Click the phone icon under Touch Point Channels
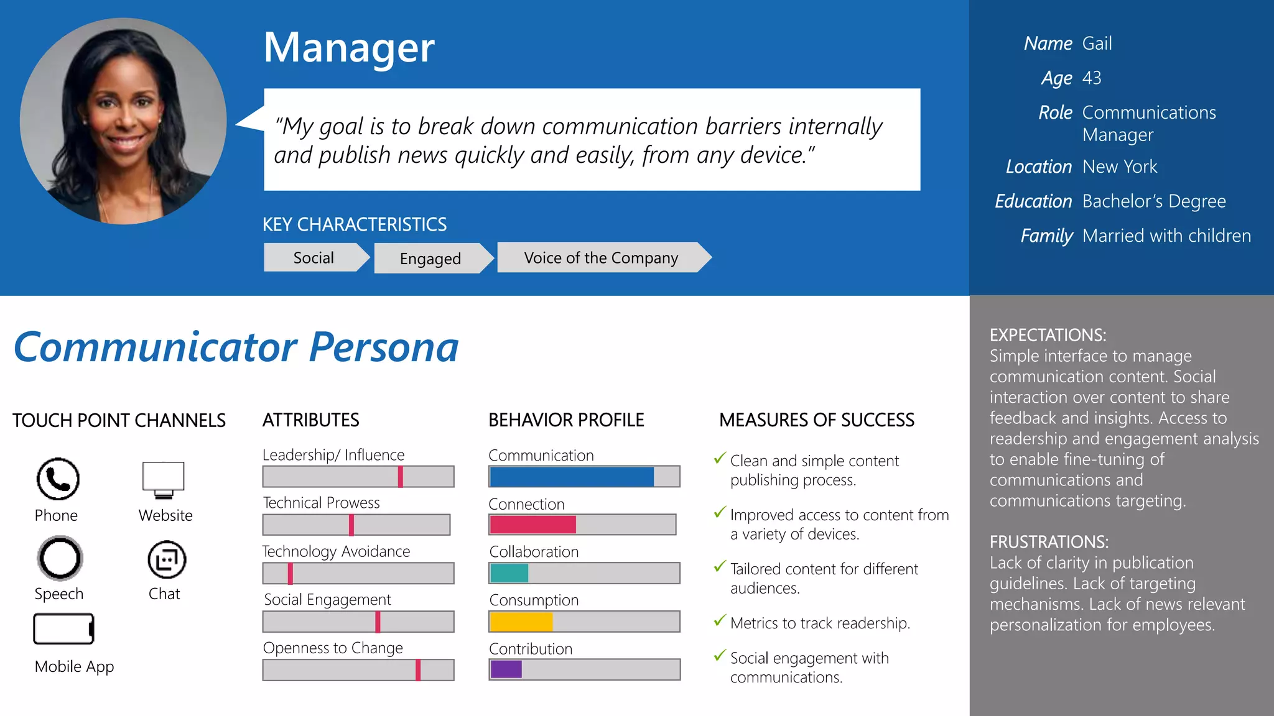point(58,479)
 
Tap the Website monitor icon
point(164,479)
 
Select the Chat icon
point(167,559)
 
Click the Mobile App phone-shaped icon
point(63,629)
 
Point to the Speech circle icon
point(60,558)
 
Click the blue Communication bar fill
point(571,477)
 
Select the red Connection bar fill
point(532,525)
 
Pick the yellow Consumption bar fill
point(521,622)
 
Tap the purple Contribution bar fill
point(506,669)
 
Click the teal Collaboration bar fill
point(509,573)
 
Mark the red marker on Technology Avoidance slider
point(290,573)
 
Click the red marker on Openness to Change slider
point(418,670)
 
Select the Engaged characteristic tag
point(430,259)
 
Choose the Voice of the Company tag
point(601,258)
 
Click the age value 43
point(1092,78)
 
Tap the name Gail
point(1097,44)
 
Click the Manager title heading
point(349,48)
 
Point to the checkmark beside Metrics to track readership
point(720,620)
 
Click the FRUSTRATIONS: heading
point(1049,542)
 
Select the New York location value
point(1120,167)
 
